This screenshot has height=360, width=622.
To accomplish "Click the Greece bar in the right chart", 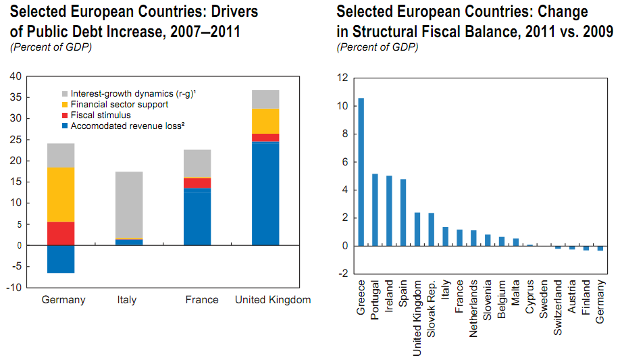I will (x=361, y=172).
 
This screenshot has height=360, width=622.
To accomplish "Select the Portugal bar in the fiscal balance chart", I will (x=375, y=210).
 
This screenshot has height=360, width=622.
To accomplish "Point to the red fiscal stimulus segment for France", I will (x=197, y=183).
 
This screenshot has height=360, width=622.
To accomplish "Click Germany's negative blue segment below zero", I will (x=61, y=259).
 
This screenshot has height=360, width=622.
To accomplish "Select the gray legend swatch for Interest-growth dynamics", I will (x=64, y=93).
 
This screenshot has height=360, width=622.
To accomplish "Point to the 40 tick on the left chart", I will (x=16, y=76).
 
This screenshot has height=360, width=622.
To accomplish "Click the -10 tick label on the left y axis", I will (x=15, y=288).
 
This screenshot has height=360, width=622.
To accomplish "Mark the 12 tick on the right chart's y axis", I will (x=342, y=78).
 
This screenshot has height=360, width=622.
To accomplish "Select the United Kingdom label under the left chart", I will (x=273, y=300).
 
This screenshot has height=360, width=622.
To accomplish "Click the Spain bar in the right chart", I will (x=403, y=213).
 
